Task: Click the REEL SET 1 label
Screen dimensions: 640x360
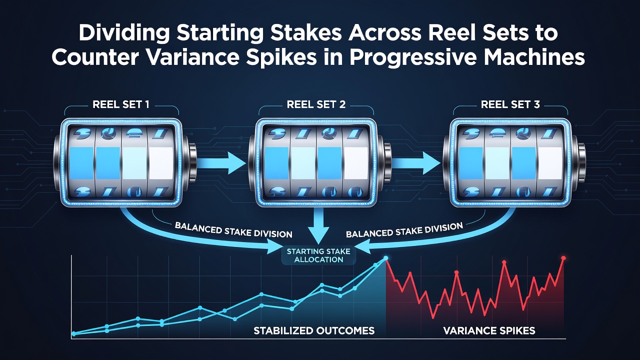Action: [x=121, y=104]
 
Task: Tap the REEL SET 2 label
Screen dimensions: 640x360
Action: [x=316, y=104]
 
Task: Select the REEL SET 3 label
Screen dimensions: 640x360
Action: [x=510, y=104]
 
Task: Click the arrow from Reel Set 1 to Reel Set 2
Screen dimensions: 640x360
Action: [x=221, y=163]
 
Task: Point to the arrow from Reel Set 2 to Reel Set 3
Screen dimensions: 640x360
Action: [x=415, y=163]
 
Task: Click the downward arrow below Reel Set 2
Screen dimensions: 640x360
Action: [x=318, y=225]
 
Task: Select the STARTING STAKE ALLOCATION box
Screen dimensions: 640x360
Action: [x=318, y=255]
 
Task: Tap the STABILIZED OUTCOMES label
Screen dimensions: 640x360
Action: [x=314, y=331]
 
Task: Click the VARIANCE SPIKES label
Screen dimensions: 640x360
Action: [x=489, y=331]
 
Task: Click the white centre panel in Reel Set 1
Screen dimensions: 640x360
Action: [x=161, y=163]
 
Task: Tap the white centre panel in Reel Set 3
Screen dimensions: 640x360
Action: [x=550, y=163]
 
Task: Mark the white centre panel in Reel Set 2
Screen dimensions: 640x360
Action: [x=355, y=163]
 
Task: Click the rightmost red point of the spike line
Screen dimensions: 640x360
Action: [x=563, y=258]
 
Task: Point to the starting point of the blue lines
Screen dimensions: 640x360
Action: [x=73, y=333]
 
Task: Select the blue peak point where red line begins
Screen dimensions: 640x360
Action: [x=385, y=258]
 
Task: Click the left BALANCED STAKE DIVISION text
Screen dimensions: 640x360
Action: [x=233, y=230]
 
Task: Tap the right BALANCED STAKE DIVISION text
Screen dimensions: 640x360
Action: [x=404, y=230]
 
